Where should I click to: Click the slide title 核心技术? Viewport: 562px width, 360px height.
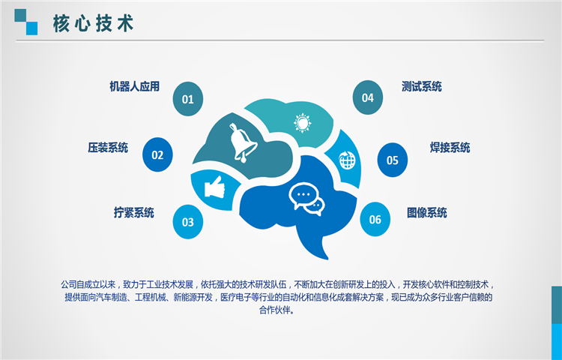tap(93, 24)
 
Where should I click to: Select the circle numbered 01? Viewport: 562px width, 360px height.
tap(188, 99)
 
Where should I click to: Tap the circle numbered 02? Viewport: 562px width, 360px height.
tap(157, 154)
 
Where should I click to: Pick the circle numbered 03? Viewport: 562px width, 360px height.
tap(188, 222)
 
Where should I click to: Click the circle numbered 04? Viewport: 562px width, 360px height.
tap(368, 97)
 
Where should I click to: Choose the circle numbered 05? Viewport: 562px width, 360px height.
tap(393, 160)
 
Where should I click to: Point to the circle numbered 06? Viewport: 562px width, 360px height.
tap(375, 219)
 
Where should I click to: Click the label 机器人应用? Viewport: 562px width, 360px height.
tap(134, 86)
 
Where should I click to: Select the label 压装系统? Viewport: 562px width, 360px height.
tap(108, 147)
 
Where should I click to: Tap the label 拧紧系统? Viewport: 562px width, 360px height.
tap(134, 213)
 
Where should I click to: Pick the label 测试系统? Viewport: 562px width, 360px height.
tap(421, 86)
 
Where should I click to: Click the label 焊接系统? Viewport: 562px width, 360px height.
tap(450, 147)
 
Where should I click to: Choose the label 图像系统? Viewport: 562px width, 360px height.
tap(427, 213)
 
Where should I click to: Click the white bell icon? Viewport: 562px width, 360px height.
tap(242, 142)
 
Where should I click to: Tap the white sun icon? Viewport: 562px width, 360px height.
tap(303, 123)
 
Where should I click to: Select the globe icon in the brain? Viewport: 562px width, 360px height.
tap(347, 160)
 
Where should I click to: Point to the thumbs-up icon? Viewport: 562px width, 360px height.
tap(215, 187)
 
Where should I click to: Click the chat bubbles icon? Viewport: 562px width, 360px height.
tap(306, 199)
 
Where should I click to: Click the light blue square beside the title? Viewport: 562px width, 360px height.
tap(31, 28)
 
